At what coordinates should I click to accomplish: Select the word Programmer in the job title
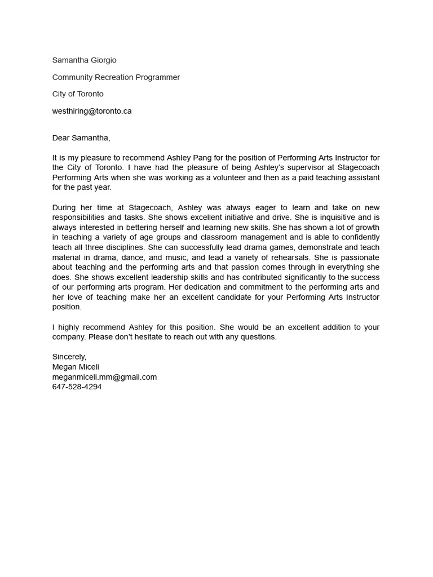158,77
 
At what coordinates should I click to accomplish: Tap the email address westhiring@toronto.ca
92,111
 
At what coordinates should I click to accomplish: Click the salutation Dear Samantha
81,138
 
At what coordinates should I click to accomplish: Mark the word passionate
358,258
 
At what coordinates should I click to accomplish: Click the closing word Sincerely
69,357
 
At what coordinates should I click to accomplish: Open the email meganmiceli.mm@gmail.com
104,377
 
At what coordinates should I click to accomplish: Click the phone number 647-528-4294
77,387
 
